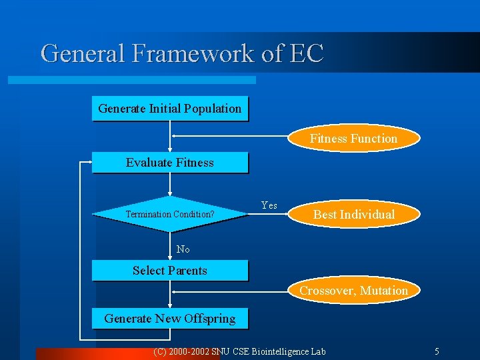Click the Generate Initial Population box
(x=169, y=109)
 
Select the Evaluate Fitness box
(x=169, y=163)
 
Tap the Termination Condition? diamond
(x=170, y=214)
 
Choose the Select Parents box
(x=169, y=270)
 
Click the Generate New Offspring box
(x=169, y=319)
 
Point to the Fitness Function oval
(x=353, y=139)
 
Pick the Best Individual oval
(x=353, y=215)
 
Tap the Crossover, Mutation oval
(x=353, y=291)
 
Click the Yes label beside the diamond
(x=269, y=205)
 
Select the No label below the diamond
(x=183, y=249)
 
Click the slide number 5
(x=437, y=351)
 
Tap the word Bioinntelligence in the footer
(x=281, y=351)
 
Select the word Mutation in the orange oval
(x=383, y=291)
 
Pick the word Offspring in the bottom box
(x=210, y=319)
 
